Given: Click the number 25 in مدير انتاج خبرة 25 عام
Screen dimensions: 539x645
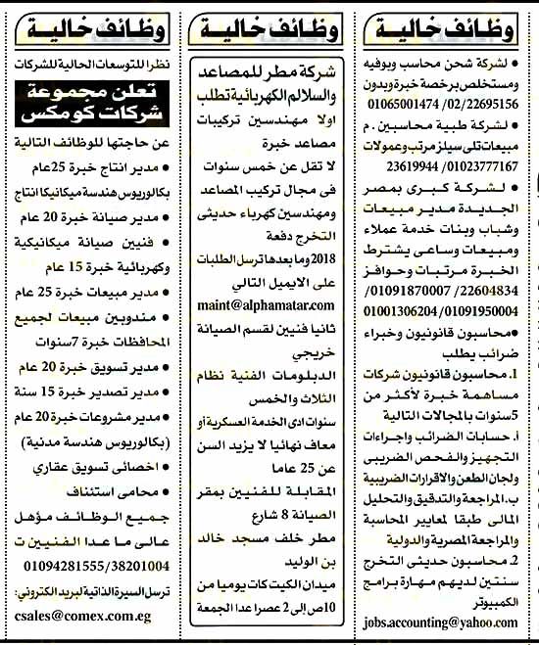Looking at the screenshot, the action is pyautogui.click(x=55, y=164).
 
